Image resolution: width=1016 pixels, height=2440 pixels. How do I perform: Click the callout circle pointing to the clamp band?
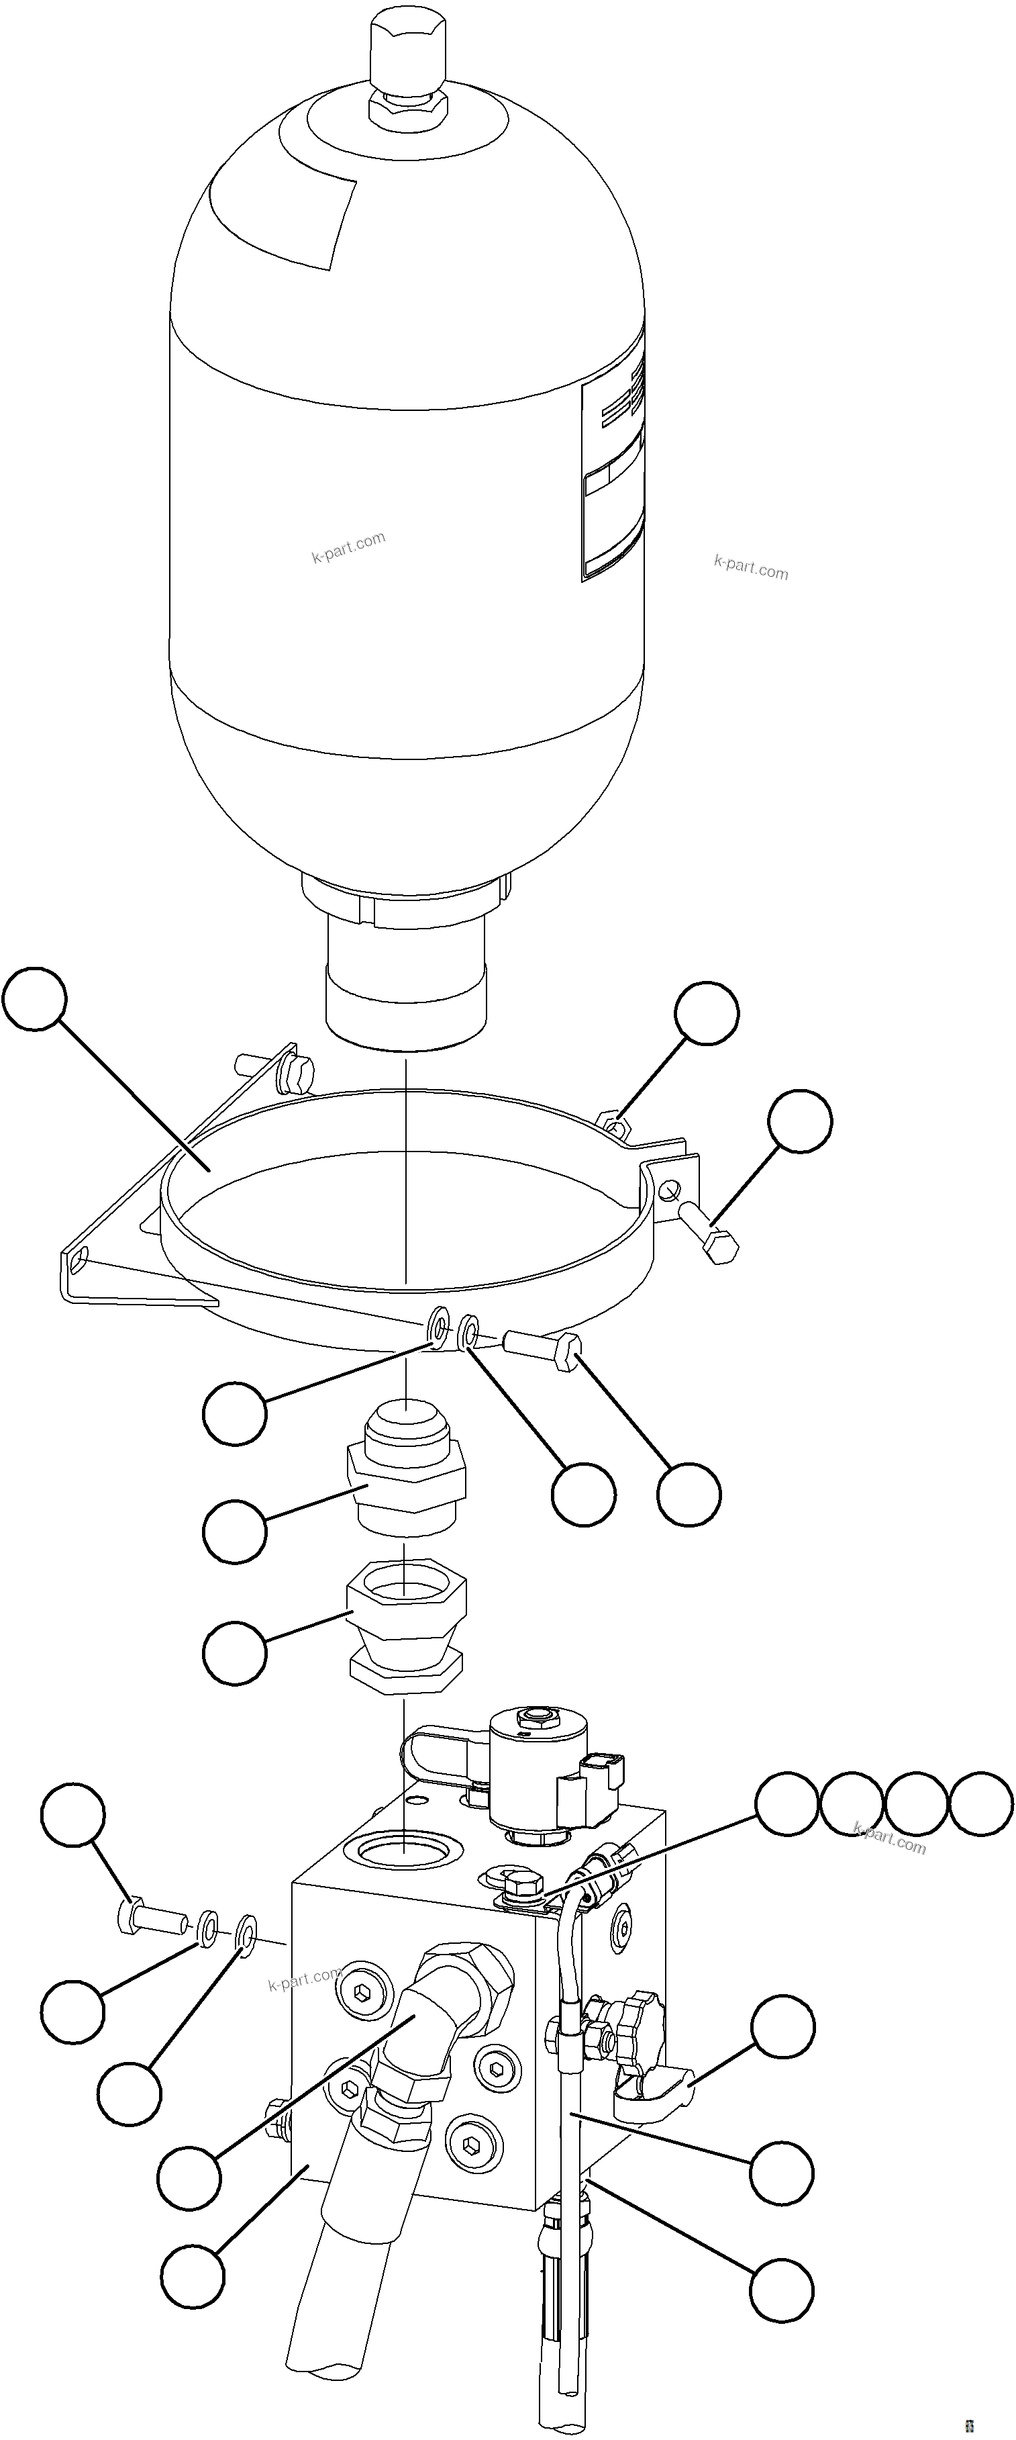pos(35,998)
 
